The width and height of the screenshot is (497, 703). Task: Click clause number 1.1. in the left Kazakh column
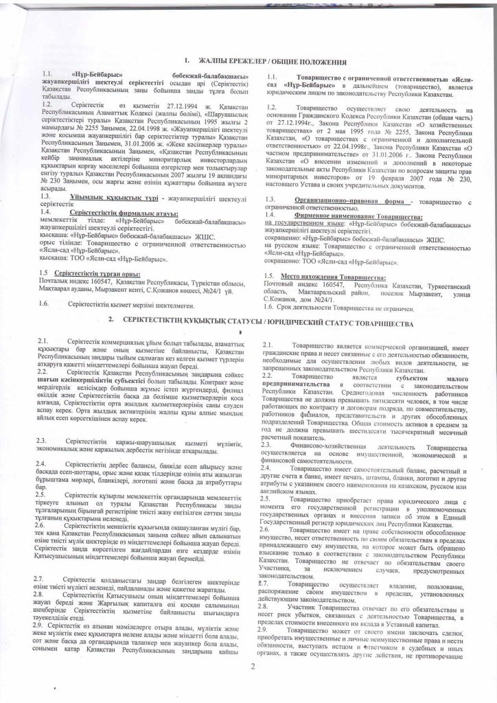coord(47,91)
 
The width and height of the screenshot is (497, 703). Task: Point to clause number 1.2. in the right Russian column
coord(273,108)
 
